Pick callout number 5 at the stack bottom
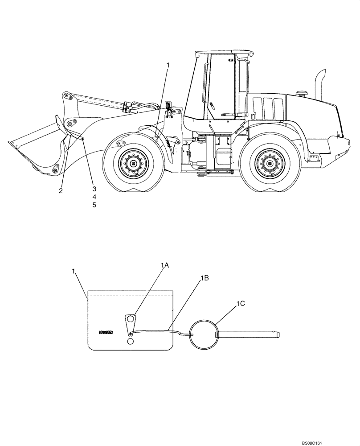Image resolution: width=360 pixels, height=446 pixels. [94, 205]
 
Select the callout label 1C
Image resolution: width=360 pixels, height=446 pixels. [241, 303]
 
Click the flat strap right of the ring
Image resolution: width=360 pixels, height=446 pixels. [247, 334]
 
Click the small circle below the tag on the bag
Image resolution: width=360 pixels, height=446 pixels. [130, 341]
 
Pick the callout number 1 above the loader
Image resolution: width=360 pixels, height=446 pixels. [168, 66]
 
